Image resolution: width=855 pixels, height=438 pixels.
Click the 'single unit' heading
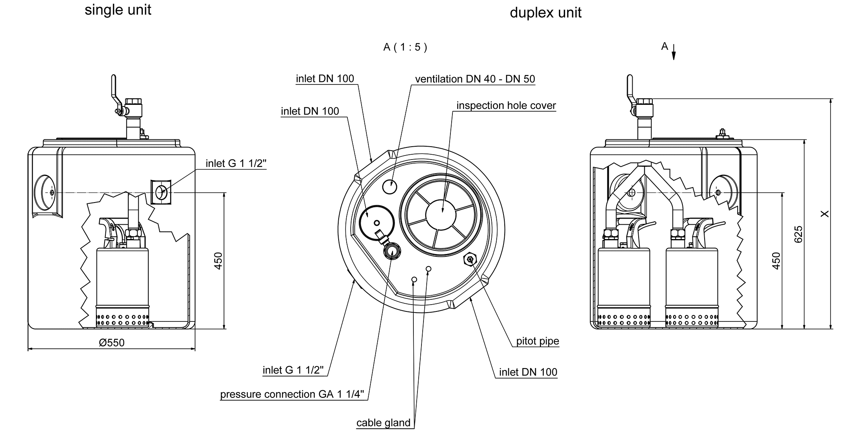118,10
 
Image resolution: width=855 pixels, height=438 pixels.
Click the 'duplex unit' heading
545,13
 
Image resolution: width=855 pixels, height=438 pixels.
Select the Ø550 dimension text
112,343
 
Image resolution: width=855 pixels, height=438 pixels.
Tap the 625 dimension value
798,234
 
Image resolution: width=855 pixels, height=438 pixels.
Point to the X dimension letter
824,214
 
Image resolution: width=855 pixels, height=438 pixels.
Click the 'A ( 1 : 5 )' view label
405,47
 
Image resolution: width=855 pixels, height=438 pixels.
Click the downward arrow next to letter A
674,53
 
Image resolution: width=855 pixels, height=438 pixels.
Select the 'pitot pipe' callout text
537,341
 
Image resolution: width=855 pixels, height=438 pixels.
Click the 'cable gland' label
383,423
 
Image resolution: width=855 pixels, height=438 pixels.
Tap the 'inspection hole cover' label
506,106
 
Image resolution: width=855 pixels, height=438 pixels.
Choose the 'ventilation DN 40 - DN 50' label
475,79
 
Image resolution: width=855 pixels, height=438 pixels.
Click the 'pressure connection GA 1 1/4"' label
292,395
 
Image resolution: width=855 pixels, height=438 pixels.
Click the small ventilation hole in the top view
389,186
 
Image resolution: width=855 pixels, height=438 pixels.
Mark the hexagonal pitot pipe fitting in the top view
469,260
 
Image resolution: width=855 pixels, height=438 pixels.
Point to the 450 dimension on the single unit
218,260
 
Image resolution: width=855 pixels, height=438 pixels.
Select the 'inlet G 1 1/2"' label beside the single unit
236,164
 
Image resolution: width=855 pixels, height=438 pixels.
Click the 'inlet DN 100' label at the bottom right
528,373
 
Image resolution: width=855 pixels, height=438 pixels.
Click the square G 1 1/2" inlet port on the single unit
161,192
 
